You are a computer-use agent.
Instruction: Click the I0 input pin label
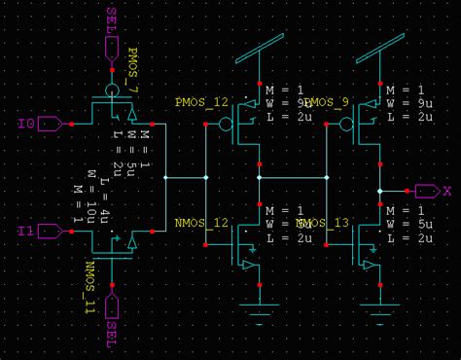(x=26, y=124)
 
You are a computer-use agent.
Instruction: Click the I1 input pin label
(x=26, y=232)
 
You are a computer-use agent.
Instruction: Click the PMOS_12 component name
(x=201, y=101)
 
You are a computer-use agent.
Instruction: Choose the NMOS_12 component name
(x=201, y=223)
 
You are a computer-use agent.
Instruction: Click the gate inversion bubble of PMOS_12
(x=226, y=124)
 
